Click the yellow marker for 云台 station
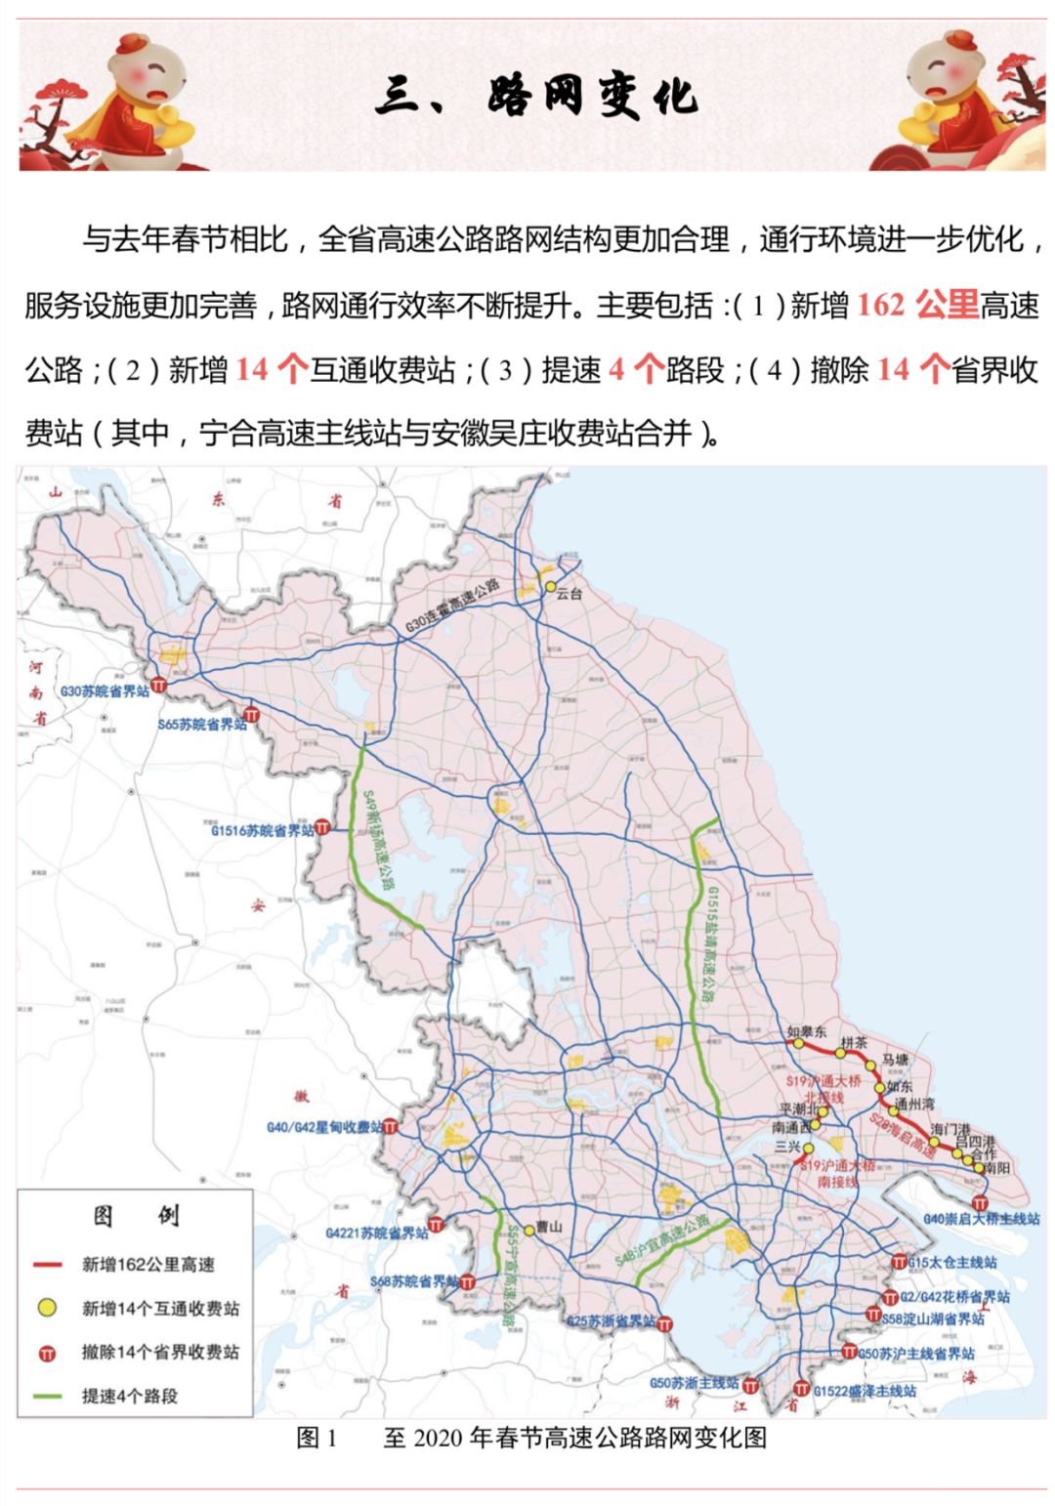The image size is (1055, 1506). [x=550, y=587]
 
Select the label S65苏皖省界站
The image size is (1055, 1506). [x=201, y=724]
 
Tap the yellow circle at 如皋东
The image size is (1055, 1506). [x=798, y=1043]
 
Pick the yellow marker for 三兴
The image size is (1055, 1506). [x=808, y=1148]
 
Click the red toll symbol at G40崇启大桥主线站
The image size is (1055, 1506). [x=980, y=1202]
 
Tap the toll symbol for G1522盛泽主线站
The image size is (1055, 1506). [x=802, y=1388]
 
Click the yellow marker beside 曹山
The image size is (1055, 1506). [x=528, y=1230]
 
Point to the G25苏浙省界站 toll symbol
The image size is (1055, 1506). [x=664, y=1324]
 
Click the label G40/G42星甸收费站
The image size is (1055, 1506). [x=324, y=1127]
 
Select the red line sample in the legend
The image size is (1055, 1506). [x=48, y=1265]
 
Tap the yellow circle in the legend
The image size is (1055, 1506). [x=47, y=1308]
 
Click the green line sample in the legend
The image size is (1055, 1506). [x=48, y=1396]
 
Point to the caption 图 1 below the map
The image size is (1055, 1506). [x=316, y=1437]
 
